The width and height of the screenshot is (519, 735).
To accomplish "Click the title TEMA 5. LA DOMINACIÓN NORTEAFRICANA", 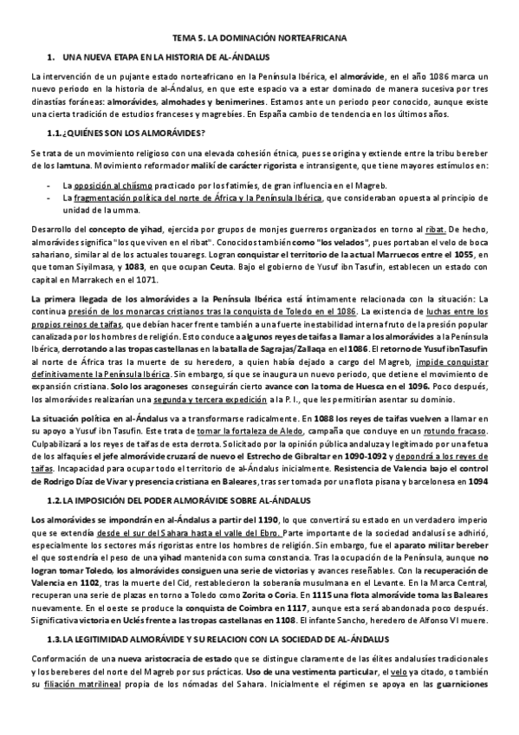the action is (x=259, y=38).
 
